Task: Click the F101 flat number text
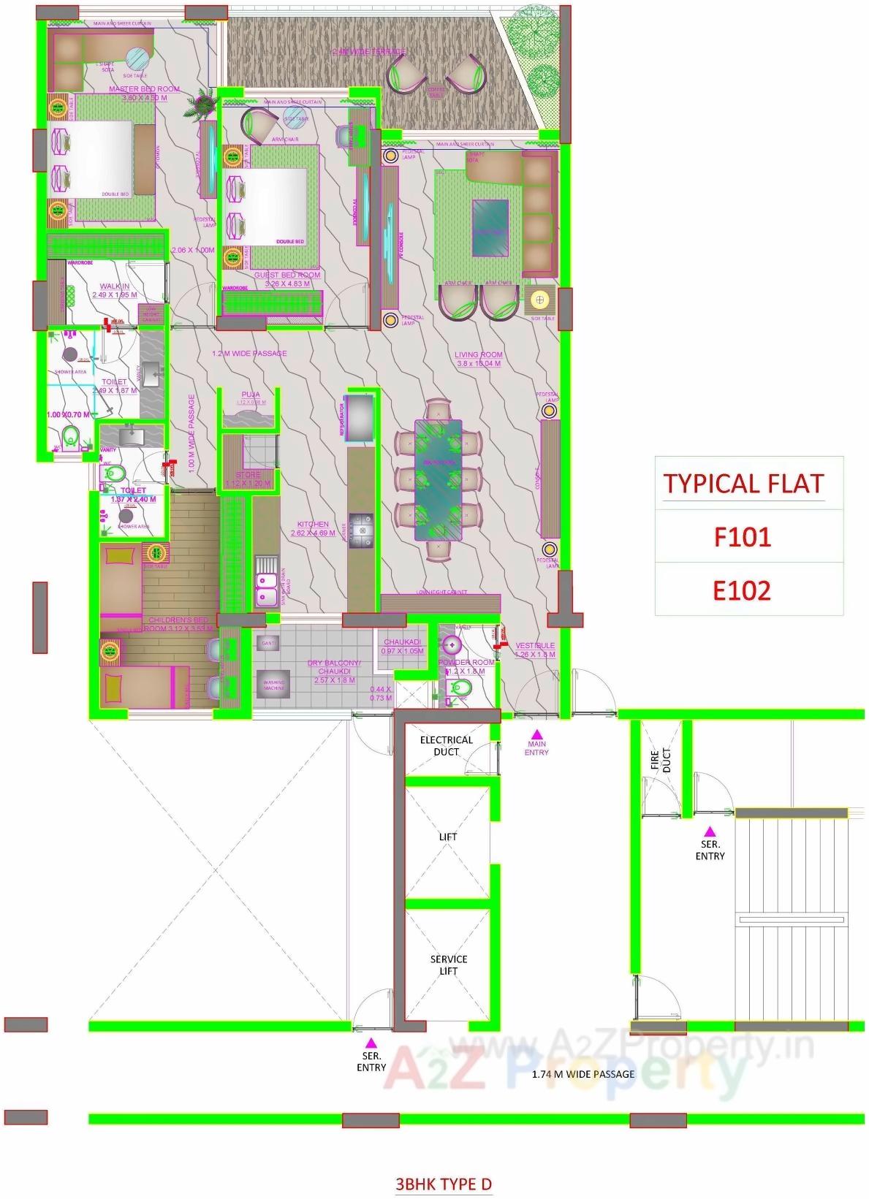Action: coord(742,538)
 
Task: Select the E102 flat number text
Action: coord(742,590)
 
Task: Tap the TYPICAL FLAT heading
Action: coord(743,484)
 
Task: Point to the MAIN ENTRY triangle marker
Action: coord(536,734)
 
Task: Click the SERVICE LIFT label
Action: coord(448,964)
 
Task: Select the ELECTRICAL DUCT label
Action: coord(447,745)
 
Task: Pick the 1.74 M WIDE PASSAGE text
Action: coord(583,1074)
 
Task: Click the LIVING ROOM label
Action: coord(479,354)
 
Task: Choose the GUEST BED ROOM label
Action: coord(287,275)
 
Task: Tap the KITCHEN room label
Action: coord(313,524)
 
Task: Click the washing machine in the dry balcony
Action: coord(274,687)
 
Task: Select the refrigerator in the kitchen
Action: coord(360,418)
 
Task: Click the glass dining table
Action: coord(439,479)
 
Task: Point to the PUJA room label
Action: coord(251,395)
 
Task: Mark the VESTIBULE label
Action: coord(535,646)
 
